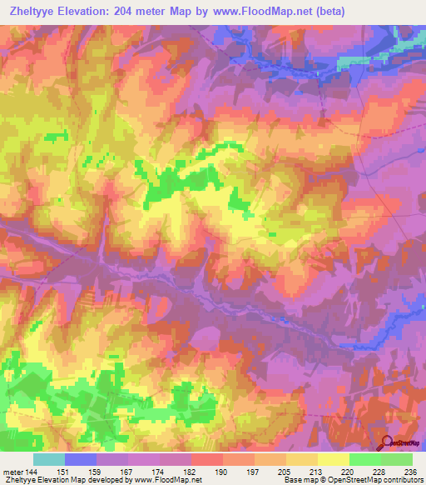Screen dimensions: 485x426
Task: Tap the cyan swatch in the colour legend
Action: tap(49, 459)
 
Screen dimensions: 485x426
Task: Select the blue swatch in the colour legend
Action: tap(81, 459)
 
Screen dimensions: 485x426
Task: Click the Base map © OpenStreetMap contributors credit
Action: tap(353, 480)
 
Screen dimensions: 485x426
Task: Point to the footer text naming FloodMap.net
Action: tap(103, 480)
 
